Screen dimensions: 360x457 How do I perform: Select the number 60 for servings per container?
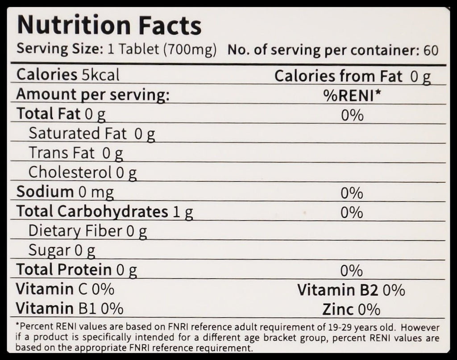click(x=431, y=50)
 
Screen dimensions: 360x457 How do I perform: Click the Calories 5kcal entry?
click(x=68, y=75)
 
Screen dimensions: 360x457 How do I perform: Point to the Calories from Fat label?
click(x=338, y=76)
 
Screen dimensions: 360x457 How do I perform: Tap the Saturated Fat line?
click(x=91, y=134)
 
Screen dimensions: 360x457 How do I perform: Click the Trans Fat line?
click(x=75, y=153)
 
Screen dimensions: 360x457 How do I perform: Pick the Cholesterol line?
click(x=82, y=172)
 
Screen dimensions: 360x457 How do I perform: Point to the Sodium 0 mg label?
click(x=65, y=192)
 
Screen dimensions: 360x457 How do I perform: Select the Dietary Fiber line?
click(x=87, y=231)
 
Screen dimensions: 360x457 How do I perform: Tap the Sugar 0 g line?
click(x=62, y=251)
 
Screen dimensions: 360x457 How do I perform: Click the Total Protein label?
click(x=76, y=270)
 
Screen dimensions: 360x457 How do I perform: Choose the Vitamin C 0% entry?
click(x=65, y=289)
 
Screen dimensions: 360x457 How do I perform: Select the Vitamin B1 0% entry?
click(x=70, y=308)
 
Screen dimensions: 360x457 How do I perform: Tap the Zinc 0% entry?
click(x=351, y=309)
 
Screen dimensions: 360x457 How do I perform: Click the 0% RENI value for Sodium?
click(x=352, y=193)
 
